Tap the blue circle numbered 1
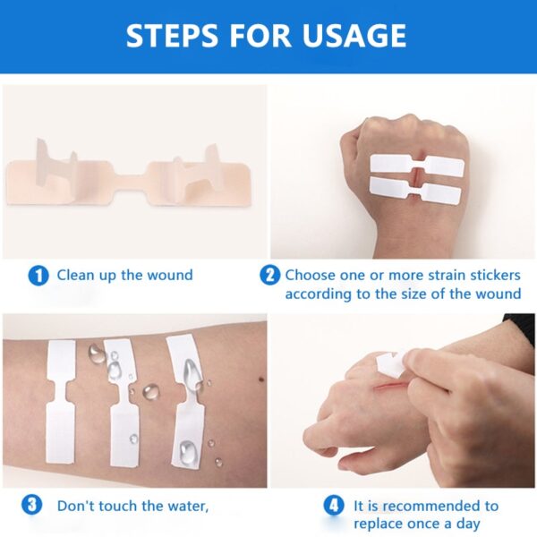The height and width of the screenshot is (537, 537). (x=38, y=276)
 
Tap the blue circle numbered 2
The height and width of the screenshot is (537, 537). (x=269, y=276)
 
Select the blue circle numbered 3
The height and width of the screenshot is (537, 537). (x=33, y=506)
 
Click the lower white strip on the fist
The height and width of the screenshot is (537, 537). (x=415, y=189)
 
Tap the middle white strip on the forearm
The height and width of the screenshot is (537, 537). (x=122, y=403)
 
